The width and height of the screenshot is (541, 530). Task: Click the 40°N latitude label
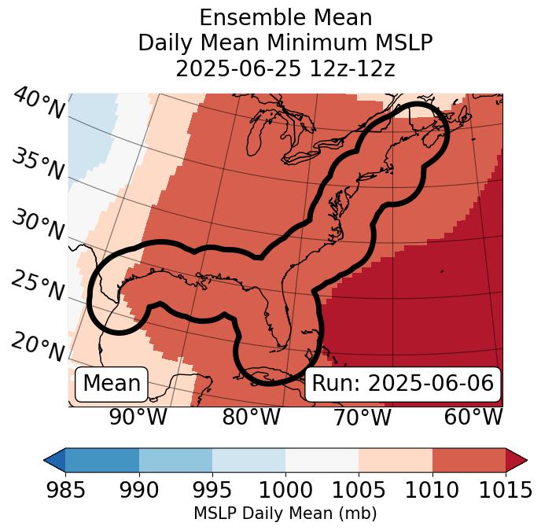(39, 104)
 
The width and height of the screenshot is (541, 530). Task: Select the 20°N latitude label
(39, 347)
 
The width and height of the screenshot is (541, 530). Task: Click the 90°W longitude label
(138, 417)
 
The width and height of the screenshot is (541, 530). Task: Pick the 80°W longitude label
(251, 417)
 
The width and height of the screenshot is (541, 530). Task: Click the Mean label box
(112, 384)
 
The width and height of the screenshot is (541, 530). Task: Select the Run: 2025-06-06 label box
(403, 384)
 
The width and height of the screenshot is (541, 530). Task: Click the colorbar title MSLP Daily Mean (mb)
(285, 514)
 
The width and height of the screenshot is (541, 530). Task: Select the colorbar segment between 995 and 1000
(248, 460)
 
